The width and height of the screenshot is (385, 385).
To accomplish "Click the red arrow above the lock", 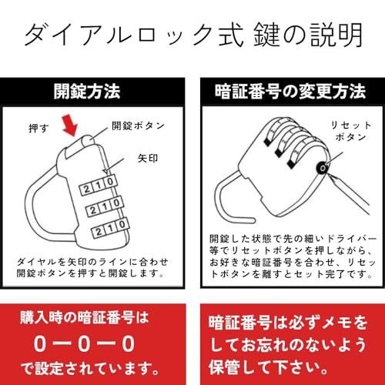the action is (x=69, y=126).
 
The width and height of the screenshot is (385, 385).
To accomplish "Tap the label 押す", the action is (x=38, y=128).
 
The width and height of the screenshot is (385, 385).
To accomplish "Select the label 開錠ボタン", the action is (x=138, y=126).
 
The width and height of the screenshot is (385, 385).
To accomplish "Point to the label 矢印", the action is (x=148, y=158).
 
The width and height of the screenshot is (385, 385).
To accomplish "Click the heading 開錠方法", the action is (x=87, y=92).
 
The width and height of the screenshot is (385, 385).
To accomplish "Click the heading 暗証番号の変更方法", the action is (x=290, y=92).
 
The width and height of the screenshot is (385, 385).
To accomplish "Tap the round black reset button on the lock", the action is (x=322, y=168).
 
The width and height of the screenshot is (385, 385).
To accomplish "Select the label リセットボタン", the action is (x=350, y=131).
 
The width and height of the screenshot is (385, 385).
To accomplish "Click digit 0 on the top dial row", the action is (x=110, y=182).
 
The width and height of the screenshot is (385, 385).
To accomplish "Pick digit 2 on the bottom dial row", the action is (x=99, y=233).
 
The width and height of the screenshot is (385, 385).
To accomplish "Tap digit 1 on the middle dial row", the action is (x=105, y=207).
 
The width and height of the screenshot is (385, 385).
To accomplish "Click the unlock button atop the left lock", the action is (x=88, y=141).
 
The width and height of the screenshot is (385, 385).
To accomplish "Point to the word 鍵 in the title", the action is (x=266, y=35).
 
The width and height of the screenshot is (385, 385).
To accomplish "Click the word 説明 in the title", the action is (x=336, y=35).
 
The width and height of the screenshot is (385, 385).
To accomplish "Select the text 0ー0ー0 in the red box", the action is (x=85, y=344).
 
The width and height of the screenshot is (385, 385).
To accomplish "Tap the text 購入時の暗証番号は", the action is (x=85, y=318).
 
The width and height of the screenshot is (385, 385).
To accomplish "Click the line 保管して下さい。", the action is (x=268, y=367).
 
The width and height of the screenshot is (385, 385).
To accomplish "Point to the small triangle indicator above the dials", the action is (x=105, y=171).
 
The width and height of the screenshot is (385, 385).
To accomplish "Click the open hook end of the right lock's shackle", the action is (x=252, y=220).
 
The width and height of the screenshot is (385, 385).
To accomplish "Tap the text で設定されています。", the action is (x=89, y=368).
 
